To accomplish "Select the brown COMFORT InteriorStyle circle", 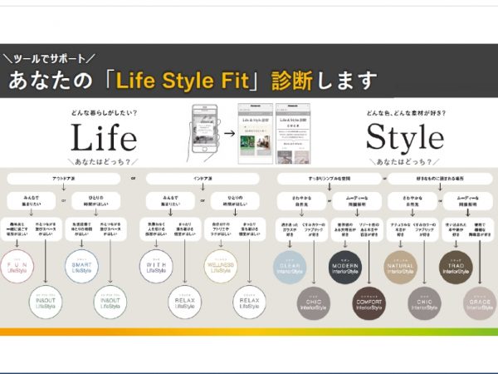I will click(369, 303).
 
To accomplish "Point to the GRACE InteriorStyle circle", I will click(481, 303).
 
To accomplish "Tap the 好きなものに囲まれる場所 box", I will click(438, 178).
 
